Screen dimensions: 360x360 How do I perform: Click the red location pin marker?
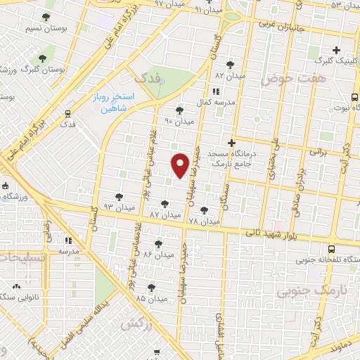point(181,165)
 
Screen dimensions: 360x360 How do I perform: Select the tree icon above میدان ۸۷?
point(165,204)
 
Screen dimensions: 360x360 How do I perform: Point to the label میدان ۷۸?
point(203,221)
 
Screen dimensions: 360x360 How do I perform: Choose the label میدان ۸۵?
point(151,298)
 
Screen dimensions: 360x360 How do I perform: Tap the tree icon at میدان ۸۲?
point(230,65)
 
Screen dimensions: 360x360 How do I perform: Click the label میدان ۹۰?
point(179,121)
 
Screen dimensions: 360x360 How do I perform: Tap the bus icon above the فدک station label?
point(67,113)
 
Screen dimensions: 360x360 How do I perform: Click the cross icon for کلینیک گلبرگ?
point(337,50)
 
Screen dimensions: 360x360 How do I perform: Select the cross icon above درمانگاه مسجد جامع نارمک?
point(231,143)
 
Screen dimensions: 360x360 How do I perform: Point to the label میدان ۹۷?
point(169,4)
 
